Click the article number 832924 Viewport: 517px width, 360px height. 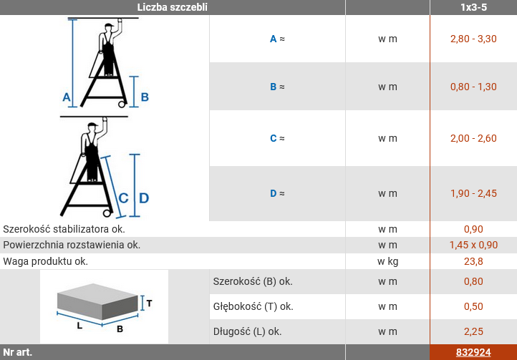(x=473, y=352)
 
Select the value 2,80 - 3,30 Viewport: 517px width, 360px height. (x=473, y=39)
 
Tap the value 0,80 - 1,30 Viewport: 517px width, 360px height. (x=473, y=87)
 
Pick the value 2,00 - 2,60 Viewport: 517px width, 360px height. (x=473, y=138)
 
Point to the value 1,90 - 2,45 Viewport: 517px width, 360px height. (x=473, y=193)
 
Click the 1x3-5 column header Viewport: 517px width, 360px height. (x=473, y=7)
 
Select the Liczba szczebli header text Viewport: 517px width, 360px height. (x=172, y=7)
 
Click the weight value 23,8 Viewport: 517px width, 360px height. (x=473, y=261)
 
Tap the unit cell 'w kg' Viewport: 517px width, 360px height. (x=388, y=261)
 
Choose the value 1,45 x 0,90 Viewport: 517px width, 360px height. (x=473, y=245)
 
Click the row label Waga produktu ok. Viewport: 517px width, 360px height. (x=46, y=261)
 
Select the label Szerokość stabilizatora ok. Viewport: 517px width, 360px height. (x=64, y=229)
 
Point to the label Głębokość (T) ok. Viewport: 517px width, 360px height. (x=253, y=306)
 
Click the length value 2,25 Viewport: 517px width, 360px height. (x=473, y=331)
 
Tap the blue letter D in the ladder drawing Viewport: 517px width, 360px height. (x=144, y=198)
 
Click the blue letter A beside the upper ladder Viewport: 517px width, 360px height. (x=67, y=97)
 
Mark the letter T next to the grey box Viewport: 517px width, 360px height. (x=149, y=303)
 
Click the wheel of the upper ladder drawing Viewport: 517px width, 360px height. (x=122, y=104)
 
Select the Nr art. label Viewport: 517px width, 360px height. (x=17, y=352)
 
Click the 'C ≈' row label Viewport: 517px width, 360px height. (x=277, y=138)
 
